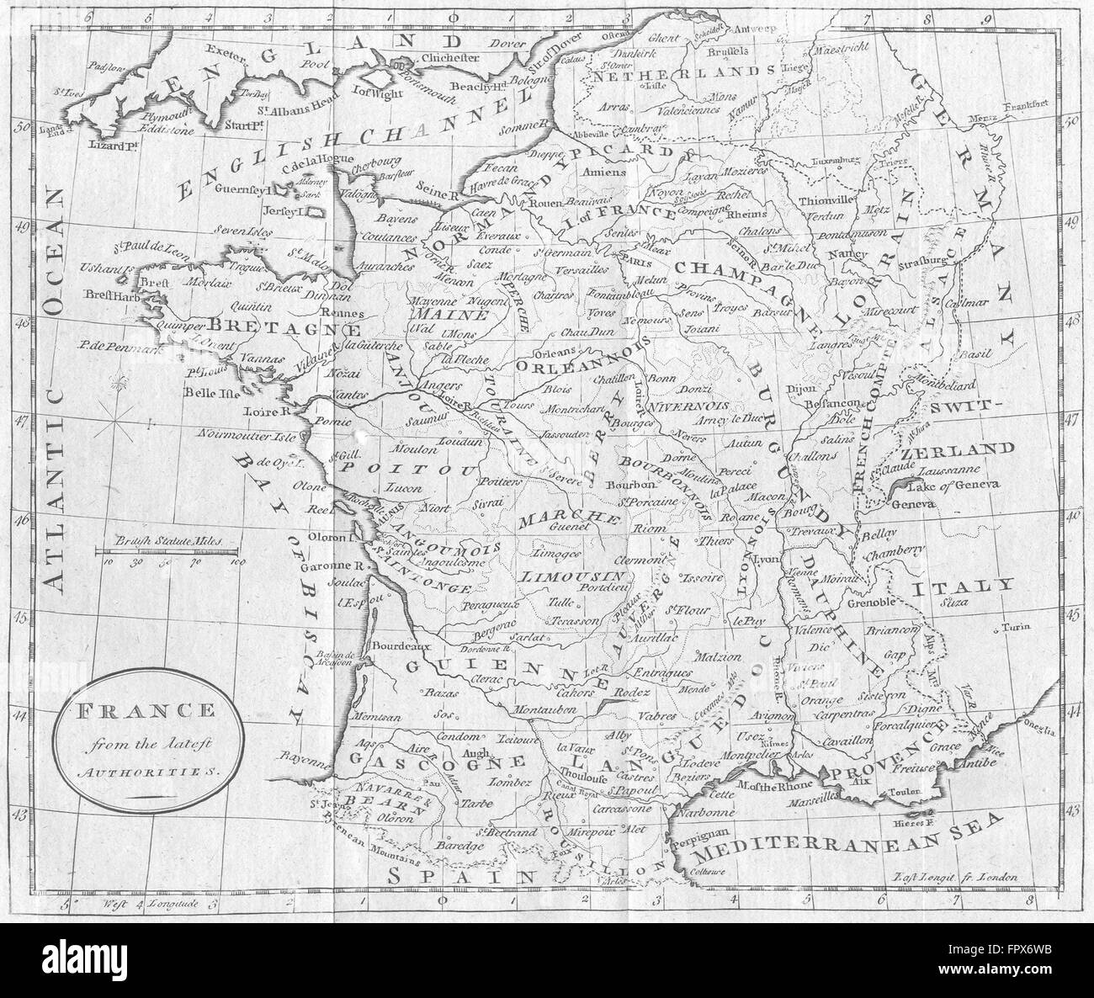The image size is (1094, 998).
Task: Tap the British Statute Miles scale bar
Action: [167, 551]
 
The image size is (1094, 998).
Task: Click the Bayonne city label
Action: [305, 756]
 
